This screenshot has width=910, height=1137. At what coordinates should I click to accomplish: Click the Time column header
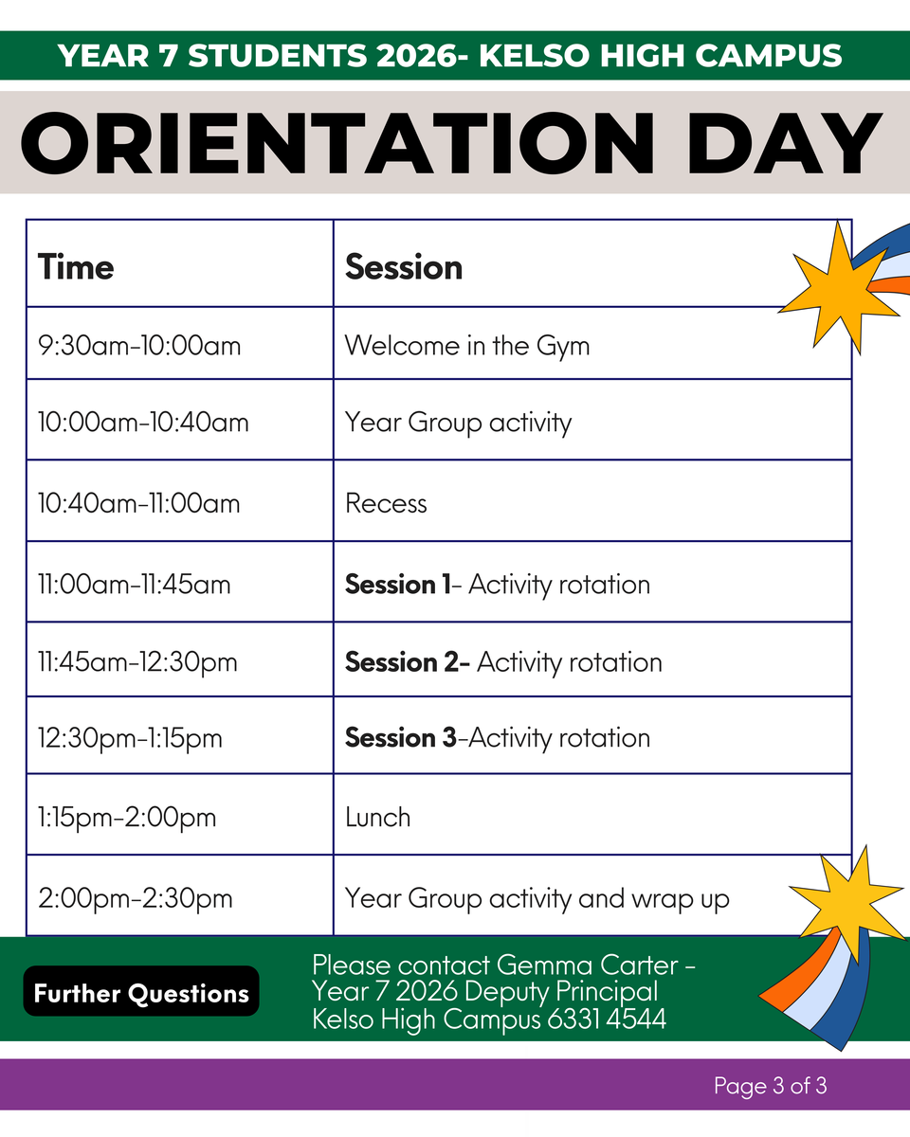[76, 267]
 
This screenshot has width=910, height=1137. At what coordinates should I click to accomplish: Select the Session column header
[404, 267]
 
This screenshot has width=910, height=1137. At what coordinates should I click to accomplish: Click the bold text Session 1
[397, 585]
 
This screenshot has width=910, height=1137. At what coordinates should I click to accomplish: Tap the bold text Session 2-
[408, 662]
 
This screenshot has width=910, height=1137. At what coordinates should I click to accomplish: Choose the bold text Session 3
[400, 737]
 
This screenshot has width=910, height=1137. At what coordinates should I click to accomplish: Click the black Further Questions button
[141, 993]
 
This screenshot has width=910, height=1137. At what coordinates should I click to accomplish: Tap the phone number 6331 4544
[607, 1019]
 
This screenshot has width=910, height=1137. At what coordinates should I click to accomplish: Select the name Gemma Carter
[588, 966]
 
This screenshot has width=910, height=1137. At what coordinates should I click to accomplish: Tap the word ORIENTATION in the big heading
[337, 143]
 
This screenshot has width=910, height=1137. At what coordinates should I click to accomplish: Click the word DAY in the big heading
[784, 143]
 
